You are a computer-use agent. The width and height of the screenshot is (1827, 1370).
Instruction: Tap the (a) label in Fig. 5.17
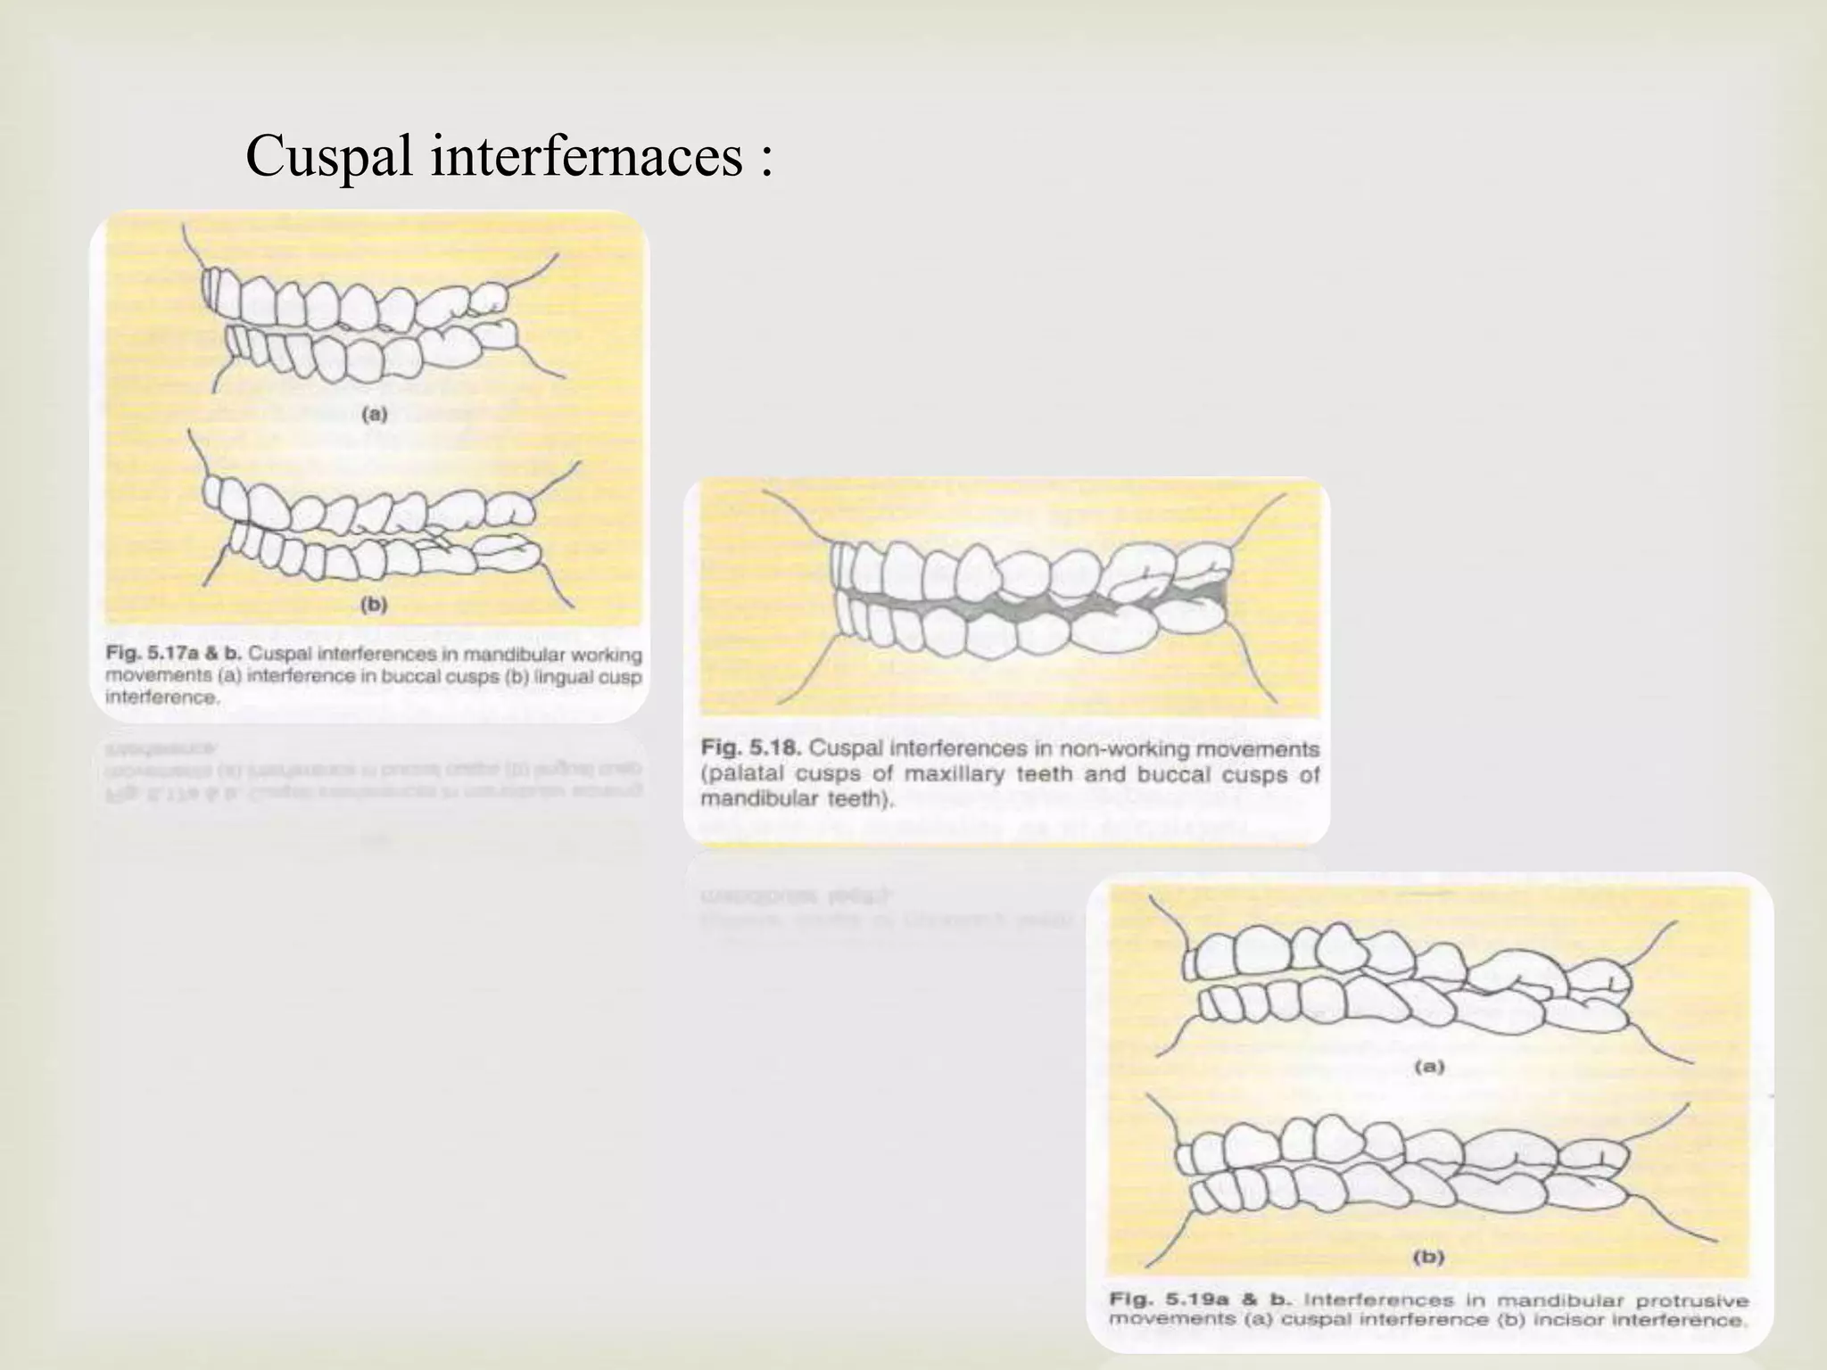tap(373, 414)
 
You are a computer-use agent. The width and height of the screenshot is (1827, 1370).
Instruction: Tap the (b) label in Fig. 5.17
tap(373, 605)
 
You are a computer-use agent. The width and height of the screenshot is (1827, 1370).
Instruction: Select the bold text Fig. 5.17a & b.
tap(173, 655)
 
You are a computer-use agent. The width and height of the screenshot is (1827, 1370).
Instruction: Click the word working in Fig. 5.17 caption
tap(610, 655)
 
